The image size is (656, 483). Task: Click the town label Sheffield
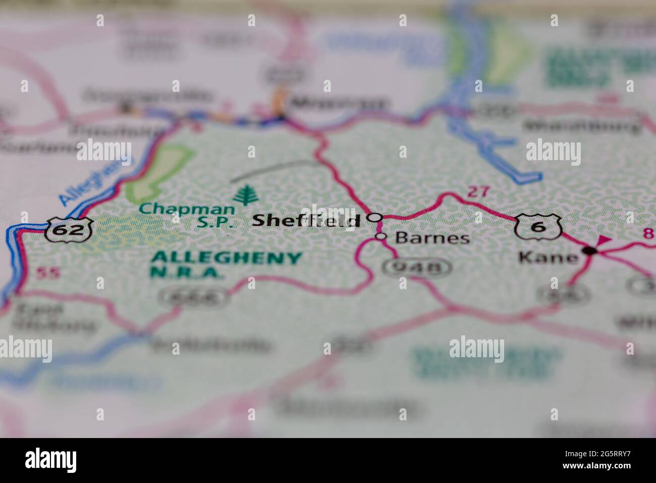(x=306, y=220)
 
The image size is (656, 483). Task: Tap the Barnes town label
(x=432, y=238)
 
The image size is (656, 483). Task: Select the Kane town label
(x=549, y=258)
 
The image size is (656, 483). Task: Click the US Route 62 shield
(x=69, y=230)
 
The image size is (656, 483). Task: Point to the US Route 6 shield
(x=538, y=226)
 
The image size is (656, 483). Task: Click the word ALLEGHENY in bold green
(x=226, y=258)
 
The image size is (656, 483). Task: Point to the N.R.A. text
(x=187, y=273)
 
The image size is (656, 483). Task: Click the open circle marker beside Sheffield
(x=374, y=217)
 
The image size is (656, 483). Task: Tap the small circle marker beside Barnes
(x=381, y=236)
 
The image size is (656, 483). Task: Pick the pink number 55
(x=48, y=273)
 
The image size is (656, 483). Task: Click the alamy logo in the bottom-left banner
(x=51, y=460)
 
